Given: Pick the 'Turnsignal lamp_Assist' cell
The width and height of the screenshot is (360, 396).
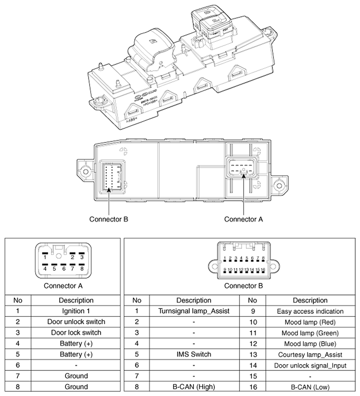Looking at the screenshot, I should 194,311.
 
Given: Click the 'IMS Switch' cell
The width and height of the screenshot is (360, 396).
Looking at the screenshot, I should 194,354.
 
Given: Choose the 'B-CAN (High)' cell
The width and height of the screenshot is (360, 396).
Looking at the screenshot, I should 194,386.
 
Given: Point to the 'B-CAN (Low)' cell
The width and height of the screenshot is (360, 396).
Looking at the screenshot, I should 310,386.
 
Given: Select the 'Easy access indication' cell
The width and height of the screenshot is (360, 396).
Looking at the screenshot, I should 310,311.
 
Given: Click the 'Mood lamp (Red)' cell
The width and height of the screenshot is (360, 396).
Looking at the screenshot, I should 310,322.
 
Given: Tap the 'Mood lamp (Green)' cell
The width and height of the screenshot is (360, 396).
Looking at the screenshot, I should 310,332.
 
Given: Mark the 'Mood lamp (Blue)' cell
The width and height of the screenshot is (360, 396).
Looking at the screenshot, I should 310,344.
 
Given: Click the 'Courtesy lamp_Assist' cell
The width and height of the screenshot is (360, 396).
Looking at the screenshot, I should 310,354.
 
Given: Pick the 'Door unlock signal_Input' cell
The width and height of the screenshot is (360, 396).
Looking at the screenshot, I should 310,365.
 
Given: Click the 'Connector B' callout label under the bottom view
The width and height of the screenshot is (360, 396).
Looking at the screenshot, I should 109,219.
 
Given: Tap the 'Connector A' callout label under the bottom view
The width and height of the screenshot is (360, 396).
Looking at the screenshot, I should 244,219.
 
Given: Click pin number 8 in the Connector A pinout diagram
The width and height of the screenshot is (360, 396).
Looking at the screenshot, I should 82,268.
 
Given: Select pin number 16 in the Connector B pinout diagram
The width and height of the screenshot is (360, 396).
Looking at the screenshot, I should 264,269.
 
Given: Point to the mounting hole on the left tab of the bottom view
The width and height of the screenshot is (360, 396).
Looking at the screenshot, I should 86,170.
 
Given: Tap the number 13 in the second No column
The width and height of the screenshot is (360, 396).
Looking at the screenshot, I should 253,354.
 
